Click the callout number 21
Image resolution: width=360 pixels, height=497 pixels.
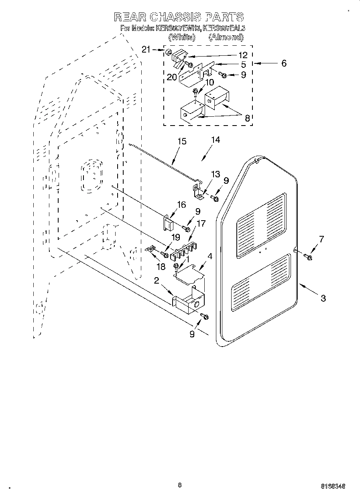coord(146,49)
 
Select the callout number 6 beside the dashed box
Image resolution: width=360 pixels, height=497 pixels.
coord(284,63)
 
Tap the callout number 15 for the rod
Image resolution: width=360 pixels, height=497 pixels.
coord(182,141)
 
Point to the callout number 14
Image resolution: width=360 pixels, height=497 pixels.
coord(216,140)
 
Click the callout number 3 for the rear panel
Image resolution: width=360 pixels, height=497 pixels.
coord(323,298)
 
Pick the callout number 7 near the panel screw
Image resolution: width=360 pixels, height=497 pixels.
coord(321,239)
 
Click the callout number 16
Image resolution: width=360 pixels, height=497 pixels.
coord(181,205)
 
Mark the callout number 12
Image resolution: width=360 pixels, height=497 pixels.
coord(242,55)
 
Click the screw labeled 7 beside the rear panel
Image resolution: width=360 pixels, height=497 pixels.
coord(308,257)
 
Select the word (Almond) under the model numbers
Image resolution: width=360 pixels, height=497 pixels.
coord(226,37)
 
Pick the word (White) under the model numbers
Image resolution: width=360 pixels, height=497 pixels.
coord(182,37)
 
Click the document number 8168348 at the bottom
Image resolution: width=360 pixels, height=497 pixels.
coord(333,486)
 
